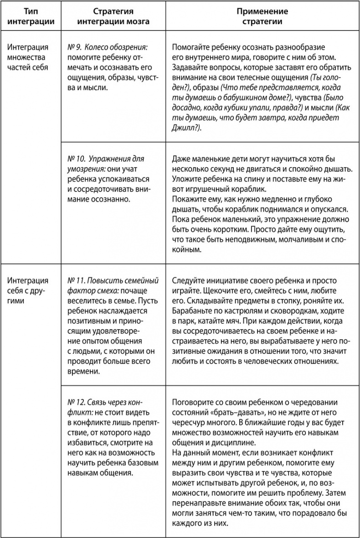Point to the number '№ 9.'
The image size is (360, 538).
[74, 47]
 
